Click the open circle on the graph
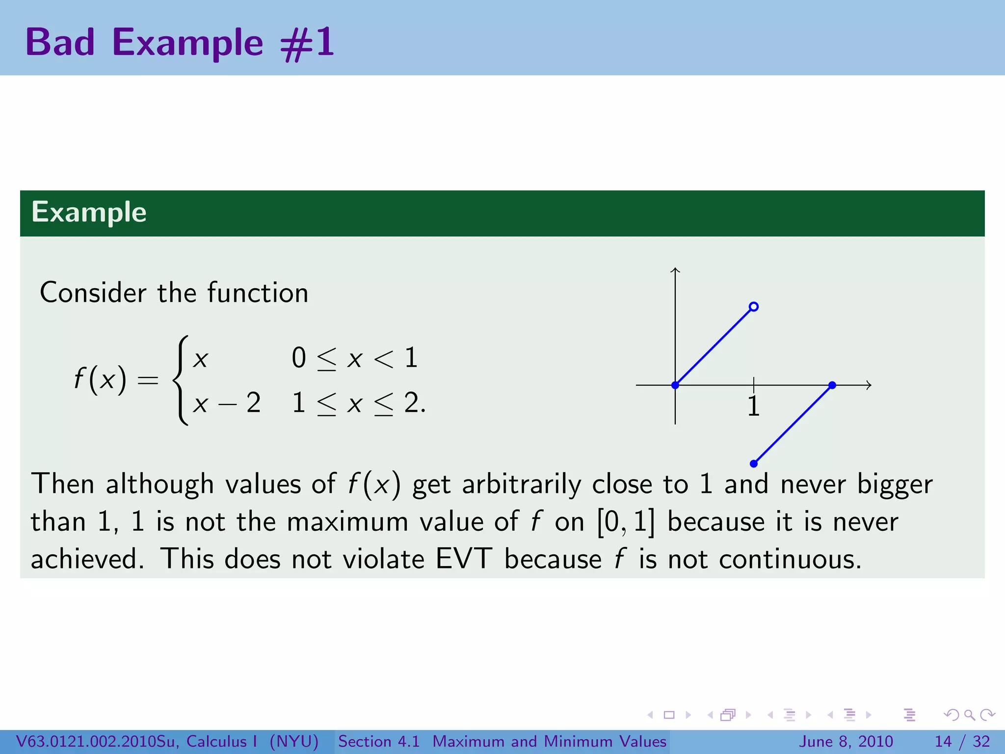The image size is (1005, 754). pos(754,307)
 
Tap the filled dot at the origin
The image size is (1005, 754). pos(675,385)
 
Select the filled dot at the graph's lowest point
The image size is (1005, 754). pos(754,463)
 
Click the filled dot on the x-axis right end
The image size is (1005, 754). pos(832,385)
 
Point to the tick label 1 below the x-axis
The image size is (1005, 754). pos(754,406)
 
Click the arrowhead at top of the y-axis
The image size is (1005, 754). pos(675,269)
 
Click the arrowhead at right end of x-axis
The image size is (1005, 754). pos(869,385)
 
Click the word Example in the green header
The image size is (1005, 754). pos(89,213)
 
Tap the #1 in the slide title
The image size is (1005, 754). pos(307,43)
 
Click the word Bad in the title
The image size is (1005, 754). pos(60,43)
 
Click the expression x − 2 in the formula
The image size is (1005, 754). pos(226,403)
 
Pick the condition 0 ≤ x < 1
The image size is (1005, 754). pos(354,358)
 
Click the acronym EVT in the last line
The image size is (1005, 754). pos(464,559)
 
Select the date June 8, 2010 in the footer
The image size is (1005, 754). pos(846,741)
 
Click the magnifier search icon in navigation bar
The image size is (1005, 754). pos(969,715)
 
